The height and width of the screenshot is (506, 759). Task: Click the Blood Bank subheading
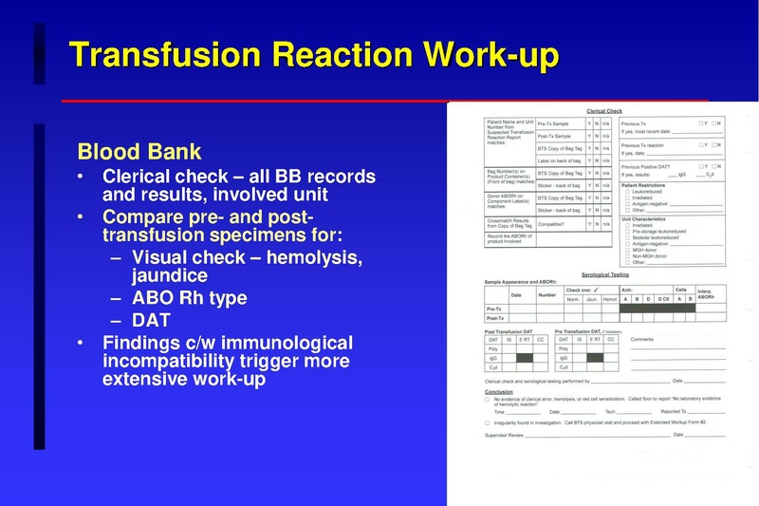pyautogui.click(x=139, y=152)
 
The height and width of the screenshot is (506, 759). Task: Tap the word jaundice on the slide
pyautogui.click(x=170, y=276)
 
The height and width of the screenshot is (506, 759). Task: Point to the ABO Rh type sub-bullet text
pyautogui.click(x=190, y=298)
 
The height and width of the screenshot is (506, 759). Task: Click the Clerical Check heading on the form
pyautogui.click(x=603, y=111)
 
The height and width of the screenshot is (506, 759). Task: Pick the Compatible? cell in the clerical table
pyautogui.click(x=555, y=224)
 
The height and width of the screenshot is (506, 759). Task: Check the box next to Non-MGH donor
pyautogui.click(x=625, y=254)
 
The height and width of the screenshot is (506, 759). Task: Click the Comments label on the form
pyautogui.click(x=642, y=339)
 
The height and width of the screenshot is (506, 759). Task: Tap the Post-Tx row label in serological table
pyautogui.click(x=495, y=318)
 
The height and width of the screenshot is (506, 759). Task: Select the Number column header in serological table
pyautogui.click(x=547, y=294)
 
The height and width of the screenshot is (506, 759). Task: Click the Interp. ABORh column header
pyautogui.click(x=704, y=293)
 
